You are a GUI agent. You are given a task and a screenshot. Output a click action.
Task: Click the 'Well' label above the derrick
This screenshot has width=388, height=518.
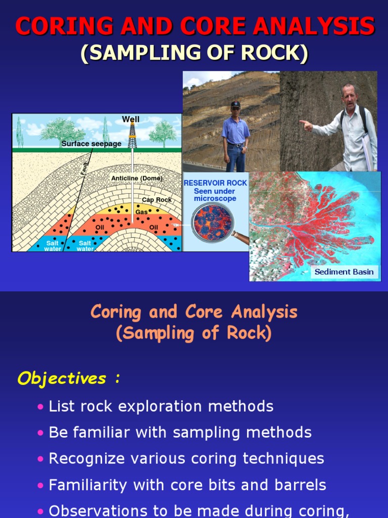pyautogui.click(x=131, y=119)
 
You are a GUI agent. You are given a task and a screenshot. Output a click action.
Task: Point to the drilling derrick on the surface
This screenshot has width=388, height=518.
pyautogui.click(x=132, y=136)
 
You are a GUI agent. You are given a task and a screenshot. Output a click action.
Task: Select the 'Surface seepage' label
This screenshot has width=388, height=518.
pyautogui.click(x=91, y=144)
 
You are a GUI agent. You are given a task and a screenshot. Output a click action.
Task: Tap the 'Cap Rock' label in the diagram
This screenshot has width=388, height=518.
pyautogui.click(x=157, y=200)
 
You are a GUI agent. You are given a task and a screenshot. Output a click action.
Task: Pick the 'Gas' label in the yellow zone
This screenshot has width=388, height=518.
pyautogui.click(x=141, y=212)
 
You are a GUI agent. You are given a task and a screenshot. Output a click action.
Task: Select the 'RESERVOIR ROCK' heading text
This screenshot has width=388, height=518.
pyautogui.click(x=215, y=183)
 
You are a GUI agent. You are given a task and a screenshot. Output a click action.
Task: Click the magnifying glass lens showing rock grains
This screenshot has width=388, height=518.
pyautogui.click(x=212, y=222)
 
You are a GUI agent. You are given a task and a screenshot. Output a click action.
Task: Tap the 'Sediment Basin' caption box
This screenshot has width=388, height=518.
pyautogui.click(x=344, y=272)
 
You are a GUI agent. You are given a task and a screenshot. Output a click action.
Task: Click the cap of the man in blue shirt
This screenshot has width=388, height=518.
pyautogui.click(x=235, y=104)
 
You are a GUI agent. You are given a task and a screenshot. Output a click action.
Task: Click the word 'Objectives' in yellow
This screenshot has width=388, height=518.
pyautogui.click(x=62, y=378)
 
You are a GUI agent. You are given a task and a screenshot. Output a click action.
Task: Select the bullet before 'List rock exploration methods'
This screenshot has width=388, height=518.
pyautogui.click(x=40, y=407)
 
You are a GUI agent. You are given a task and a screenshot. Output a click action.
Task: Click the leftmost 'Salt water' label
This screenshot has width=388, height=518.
pyautogui.click(x=53, y=246)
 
